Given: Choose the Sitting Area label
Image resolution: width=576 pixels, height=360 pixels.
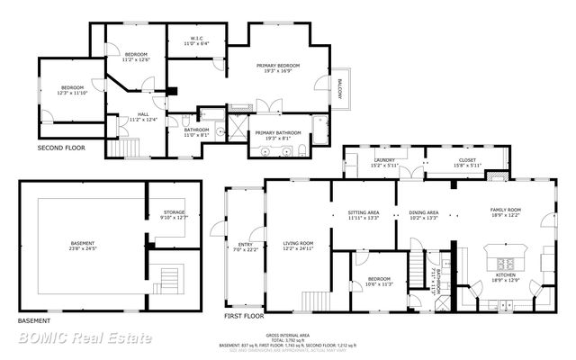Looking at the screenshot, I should point(364,214).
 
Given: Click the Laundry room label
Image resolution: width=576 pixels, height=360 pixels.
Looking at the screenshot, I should point(383,163).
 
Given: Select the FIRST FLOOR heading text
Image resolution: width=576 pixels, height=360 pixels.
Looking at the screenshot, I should point(244,317).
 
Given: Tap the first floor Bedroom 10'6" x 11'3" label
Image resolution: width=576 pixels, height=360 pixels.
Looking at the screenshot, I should point(378,282).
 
